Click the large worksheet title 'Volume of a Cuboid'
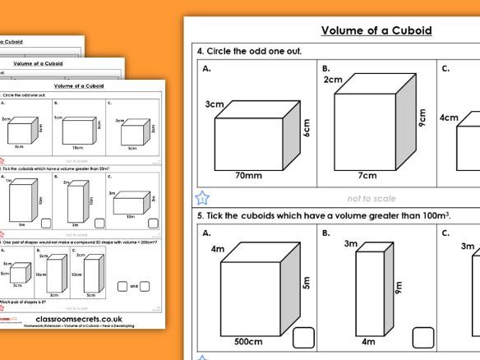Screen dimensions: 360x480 pyautogui.click(x=376, y=31)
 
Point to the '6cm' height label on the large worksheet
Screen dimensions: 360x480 pyautogui.click(x=307, y=127)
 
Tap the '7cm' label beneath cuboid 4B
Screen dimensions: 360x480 pyautogui.click(x=367, y=175)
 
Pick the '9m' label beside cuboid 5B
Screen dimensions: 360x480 pyautogui.click(x=398, y=288)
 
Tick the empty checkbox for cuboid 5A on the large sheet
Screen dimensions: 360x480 pyautogui.click(x=304, y=338)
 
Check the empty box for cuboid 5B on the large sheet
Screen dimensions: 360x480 pyautogui.click(x=422, y=338)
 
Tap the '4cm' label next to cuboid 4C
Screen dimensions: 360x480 pyautogui.click(x=449, y=118)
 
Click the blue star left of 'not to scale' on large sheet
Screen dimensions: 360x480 pyautogui.click(x=202, y=198)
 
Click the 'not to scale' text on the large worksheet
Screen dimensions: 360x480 pyautogui.click(x=371, y=198)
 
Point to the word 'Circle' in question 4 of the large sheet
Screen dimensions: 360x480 pyautogui.click(x=226, y=51)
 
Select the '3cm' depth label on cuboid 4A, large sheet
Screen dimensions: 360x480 pyautogui.click(x=214, y=104)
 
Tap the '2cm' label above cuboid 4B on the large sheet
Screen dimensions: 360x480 pyautogui.click(x=333, y=80)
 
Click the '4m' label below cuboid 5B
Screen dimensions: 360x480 pyautogui.click(x=367, y=341)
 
